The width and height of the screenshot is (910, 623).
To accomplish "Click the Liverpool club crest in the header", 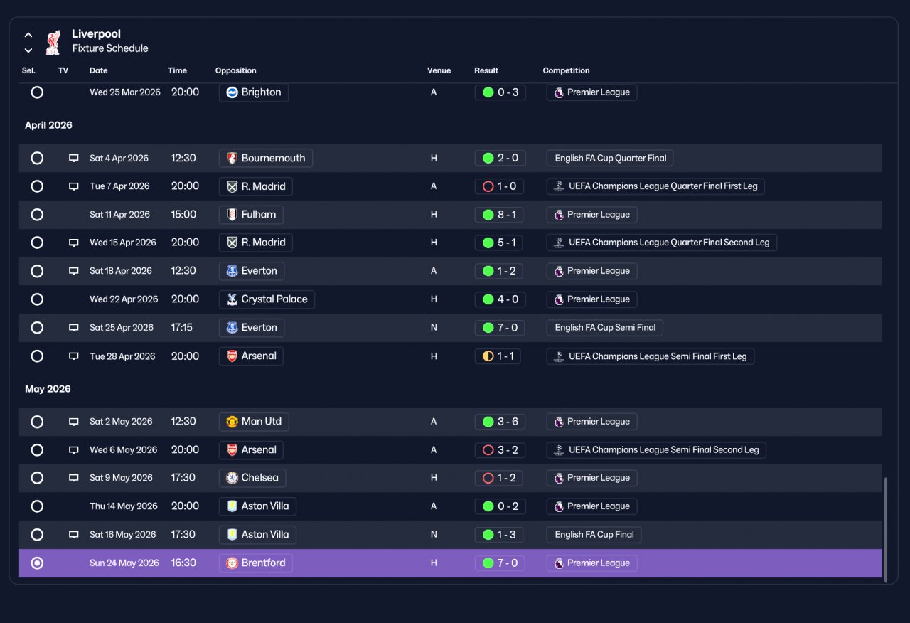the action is coord(53,42).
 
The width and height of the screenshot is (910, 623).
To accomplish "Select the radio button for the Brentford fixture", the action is coord(37,563).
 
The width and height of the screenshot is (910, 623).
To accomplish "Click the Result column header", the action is coord(486,70).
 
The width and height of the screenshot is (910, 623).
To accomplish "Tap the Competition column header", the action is coord(566,70).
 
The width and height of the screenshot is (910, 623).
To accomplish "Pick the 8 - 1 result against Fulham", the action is coord(499,215).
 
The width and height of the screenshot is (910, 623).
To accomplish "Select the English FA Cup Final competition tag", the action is coord(594,534).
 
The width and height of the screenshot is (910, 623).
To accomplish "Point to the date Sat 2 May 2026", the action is coord(121,422).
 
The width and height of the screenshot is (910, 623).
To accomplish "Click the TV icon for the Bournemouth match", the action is coord(73,158).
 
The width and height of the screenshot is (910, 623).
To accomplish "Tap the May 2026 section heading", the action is coord(48,389).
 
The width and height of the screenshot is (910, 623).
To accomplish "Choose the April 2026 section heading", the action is coord(48,125).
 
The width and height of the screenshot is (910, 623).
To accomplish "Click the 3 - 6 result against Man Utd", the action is coord(500,422).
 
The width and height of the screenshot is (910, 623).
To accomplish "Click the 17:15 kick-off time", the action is coord(181,328).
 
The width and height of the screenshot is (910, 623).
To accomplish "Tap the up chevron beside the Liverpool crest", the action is coord(28,35).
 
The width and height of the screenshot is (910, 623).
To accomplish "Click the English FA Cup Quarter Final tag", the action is coord(610,158).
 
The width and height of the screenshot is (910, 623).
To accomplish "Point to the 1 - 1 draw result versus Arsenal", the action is coord(498,356).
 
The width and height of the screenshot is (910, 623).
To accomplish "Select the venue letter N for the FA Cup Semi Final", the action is coord(434,328).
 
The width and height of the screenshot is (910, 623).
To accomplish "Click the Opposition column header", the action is coord(235,70).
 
